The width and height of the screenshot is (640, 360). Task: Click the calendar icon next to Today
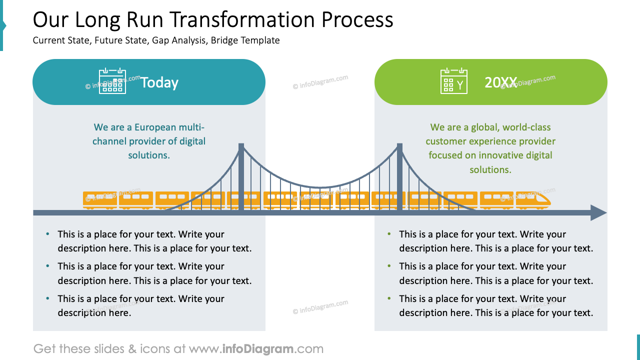pos(112,81)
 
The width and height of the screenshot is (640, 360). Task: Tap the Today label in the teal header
pos(159,82)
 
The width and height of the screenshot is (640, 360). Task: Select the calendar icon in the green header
pos(454,81)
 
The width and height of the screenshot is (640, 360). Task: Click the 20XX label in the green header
pos(500,82)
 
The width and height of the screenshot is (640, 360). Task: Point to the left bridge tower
pos(241,177)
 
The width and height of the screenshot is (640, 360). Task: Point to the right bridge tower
pos(399,177)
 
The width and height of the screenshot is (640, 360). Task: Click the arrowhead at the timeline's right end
pos(598,213)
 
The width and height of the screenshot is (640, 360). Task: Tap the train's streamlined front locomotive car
pos(533,199)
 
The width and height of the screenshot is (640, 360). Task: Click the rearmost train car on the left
pos(99,199)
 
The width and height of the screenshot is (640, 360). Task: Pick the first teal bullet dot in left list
pos(47,234)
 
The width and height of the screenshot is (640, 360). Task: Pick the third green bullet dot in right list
pos(389,298)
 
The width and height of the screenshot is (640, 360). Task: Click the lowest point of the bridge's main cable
pos(320,187)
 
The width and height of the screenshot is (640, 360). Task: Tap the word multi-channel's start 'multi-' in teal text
pos(191,127)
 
